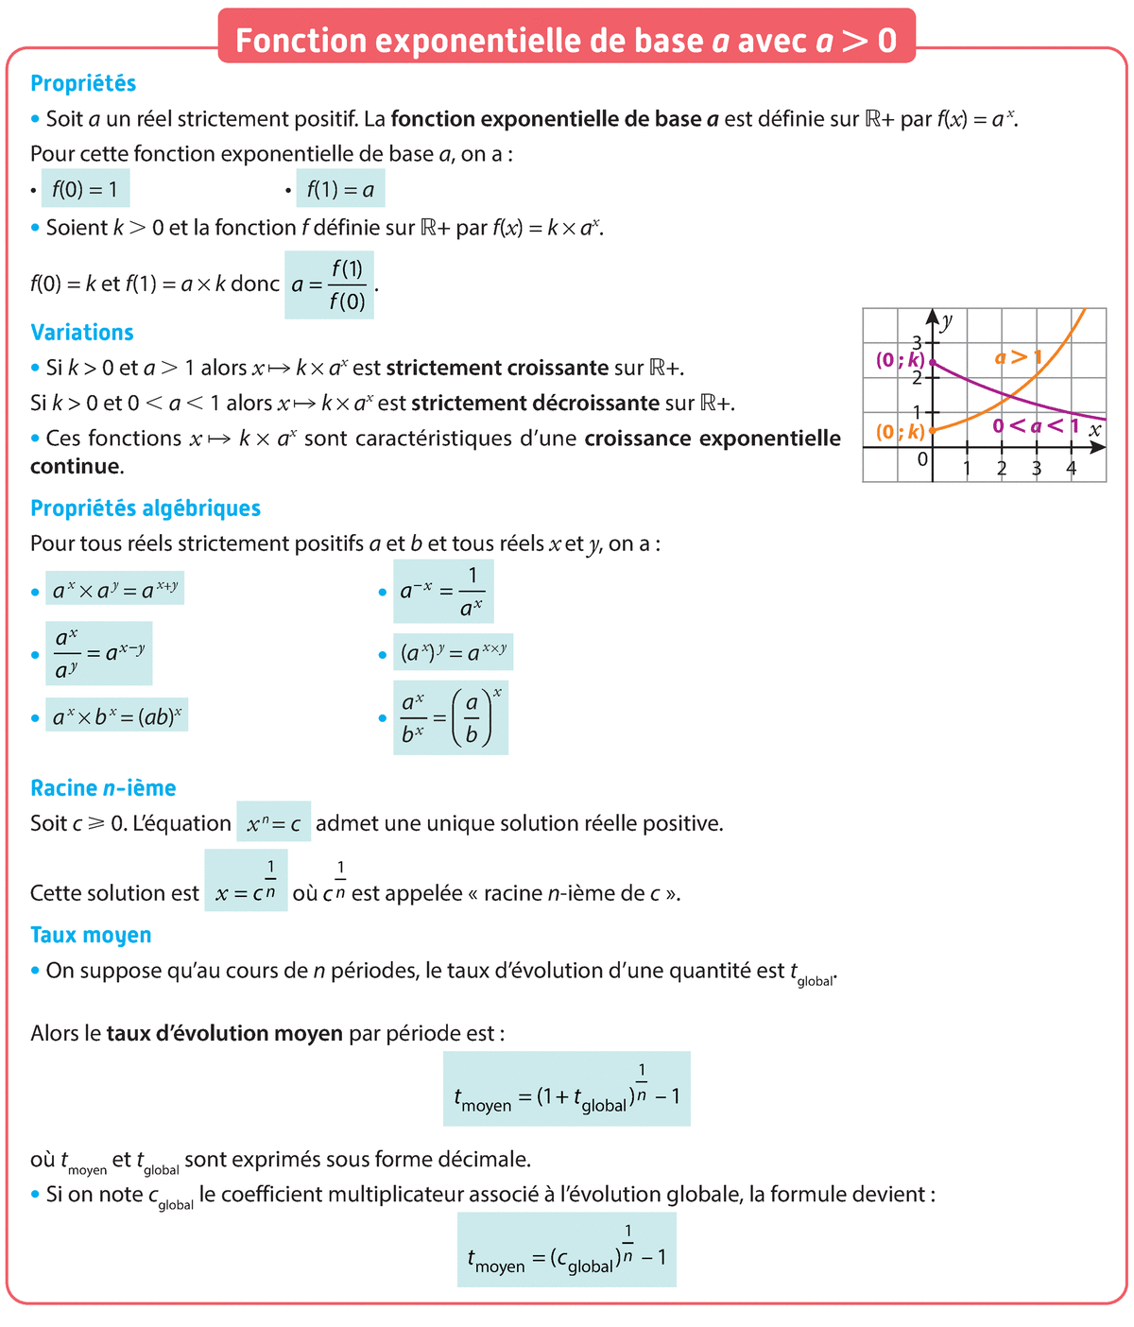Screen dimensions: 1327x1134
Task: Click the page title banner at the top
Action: [x=566, y=39]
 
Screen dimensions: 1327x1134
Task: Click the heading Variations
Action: [x=82, y=333]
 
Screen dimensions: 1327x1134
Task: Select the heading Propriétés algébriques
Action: [x=146, y=508]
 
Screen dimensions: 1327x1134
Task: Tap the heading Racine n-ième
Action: [x=103, y=788]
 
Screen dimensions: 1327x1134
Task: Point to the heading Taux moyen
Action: [x=91, y=935]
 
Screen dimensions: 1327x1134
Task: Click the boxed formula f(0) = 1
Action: [x=85, y=190]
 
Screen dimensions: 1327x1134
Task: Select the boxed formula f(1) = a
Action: [x=340, y=190]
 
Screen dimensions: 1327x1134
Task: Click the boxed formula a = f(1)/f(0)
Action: [x=329, y=284]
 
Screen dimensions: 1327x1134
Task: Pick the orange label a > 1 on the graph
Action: [x=1018, y=357]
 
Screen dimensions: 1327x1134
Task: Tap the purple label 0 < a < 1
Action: [x=1035, y=426]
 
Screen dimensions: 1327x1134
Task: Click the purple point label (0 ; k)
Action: [x=900, y=360]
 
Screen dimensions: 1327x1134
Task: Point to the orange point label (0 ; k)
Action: [x=900, y=432]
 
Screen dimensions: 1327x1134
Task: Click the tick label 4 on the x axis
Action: [x=1071, y=469]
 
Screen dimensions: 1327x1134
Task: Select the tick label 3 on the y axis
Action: [x=917, y=342]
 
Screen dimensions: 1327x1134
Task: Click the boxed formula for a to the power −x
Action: [x=443, y=592]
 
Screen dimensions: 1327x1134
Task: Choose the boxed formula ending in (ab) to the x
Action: [x=117, y=716]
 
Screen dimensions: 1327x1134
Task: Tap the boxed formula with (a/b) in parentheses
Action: [x=451, y=718]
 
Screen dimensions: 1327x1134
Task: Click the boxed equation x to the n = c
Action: [x=274, y=824]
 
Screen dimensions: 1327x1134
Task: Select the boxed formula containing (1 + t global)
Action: [x=567, y=1089]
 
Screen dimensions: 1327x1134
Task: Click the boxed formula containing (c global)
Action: [x=567, y=1249]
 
